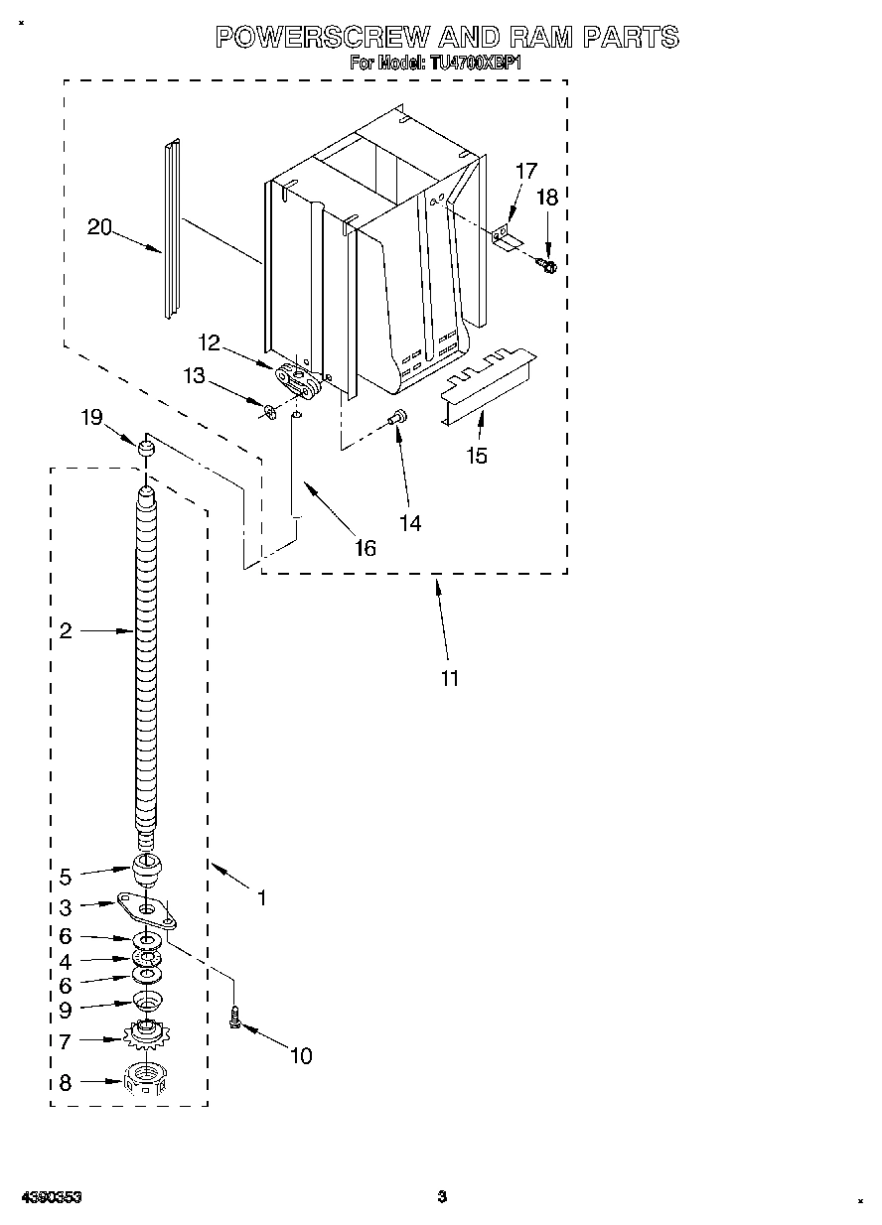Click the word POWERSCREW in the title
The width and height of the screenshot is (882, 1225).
tap(322, 38)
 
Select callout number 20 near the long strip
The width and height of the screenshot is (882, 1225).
tap(99, 227)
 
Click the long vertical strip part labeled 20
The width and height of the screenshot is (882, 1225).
tap(174, 228)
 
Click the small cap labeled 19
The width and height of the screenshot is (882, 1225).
tap(146, 452)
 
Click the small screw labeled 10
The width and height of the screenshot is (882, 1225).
tap(235, 1017)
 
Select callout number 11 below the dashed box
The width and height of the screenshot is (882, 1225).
tap(450, 679)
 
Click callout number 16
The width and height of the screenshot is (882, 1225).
tap(366, 548)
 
